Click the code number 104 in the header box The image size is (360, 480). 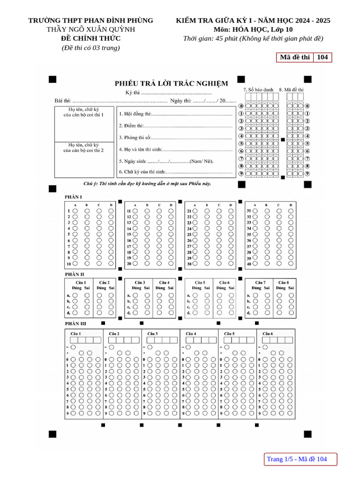tap(322, 57)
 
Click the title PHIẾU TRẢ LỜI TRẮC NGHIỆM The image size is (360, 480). tap(172, 83)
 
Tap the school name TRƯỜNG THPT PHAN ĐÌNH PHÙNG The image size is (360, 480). tap(90, 20)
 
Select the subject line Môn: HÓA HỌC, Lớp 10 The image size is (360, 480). tap(253, 30)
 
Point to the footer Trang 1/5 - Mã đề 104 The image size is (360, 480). tap(297, 459)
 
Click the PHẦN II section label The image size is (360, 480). tap(74, 274)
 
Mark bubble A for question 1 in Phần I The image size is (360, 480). tap(75, 211)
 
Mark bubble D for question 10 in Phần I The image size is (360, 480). tap(111, 264)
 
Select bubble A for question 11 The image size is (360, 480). tap(135, 211)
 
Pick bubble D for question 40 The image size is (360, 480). tap(291, 264)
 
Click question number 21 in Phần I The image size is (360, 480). tap(189, 211)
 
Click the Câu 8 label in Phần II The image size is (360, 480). tap(284, 283)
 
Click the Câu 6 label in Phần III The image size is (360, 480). tap(268, 333)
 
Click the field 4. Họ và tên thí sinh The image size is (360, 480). tap(140, 149)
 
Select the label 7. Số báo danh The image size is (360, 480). tap(258, 90)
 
